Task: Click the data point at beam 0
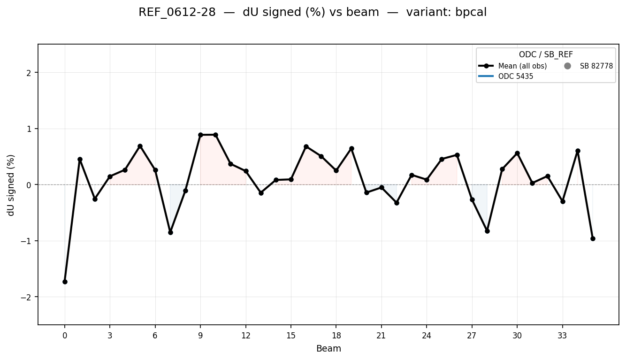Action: (x=65, y=282)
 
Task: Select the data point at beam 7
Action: (x=170, y=232)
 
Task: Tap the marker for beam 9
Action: (x=200, y=135)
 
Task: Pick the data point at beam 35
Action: (x=593, y=238)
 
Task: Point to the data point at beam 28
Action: (x=487, y=231)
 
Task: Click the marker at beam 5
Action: (x=140, y=146)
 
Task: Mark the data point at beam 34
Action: (x=578, y=151)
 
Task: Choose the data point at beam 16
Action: (x=306, y=146)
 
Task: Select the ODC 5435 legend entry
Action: (x=516, y=77)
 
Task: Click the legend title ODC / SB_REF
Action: (x=546, y=55)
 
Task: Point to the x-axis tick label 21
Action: (x=381, y=336)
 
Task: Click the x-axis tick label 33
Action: (x=562, y=336)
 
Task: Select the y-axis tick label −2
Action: (x=28, y=297)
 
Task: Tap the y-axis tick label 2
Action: (x=29, y=73)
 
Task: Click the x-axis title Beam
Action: (x=328, y=349)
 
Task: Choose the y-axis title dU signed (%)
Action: (x=11, y=185)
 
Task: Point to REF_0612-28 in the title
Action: (x=177, y=13)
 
